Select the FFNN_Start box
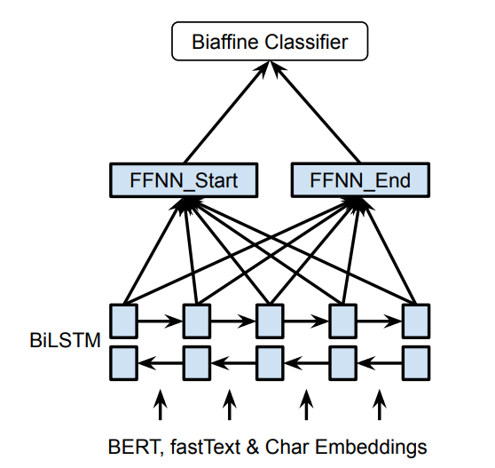point(185,181)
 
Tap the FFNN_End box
point(361,181)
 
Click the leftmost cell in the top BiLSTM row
point(123,319)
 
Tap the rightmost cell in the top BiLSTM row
point(416,319)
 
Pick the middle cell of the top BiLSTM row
point(270,319)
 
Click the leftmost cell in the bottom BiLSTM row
point(123,361)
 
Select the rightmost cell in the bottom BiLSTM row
point(416,361)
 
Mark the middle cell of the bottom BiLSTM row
point(270,361)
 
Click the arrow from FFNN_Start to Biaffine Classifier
point(222,113)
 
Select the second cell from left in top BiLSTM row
point(196,319)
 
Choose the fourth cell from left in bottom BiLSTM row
point(343,361)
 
